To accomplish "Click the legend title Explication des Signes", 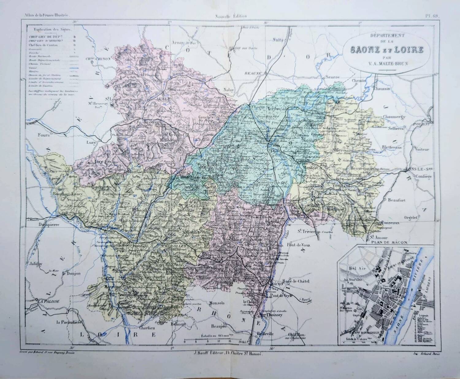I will [51, 30].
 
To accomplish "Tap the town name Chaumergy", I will [394, 117].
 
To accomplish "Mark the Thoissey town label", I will [270, 315].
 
